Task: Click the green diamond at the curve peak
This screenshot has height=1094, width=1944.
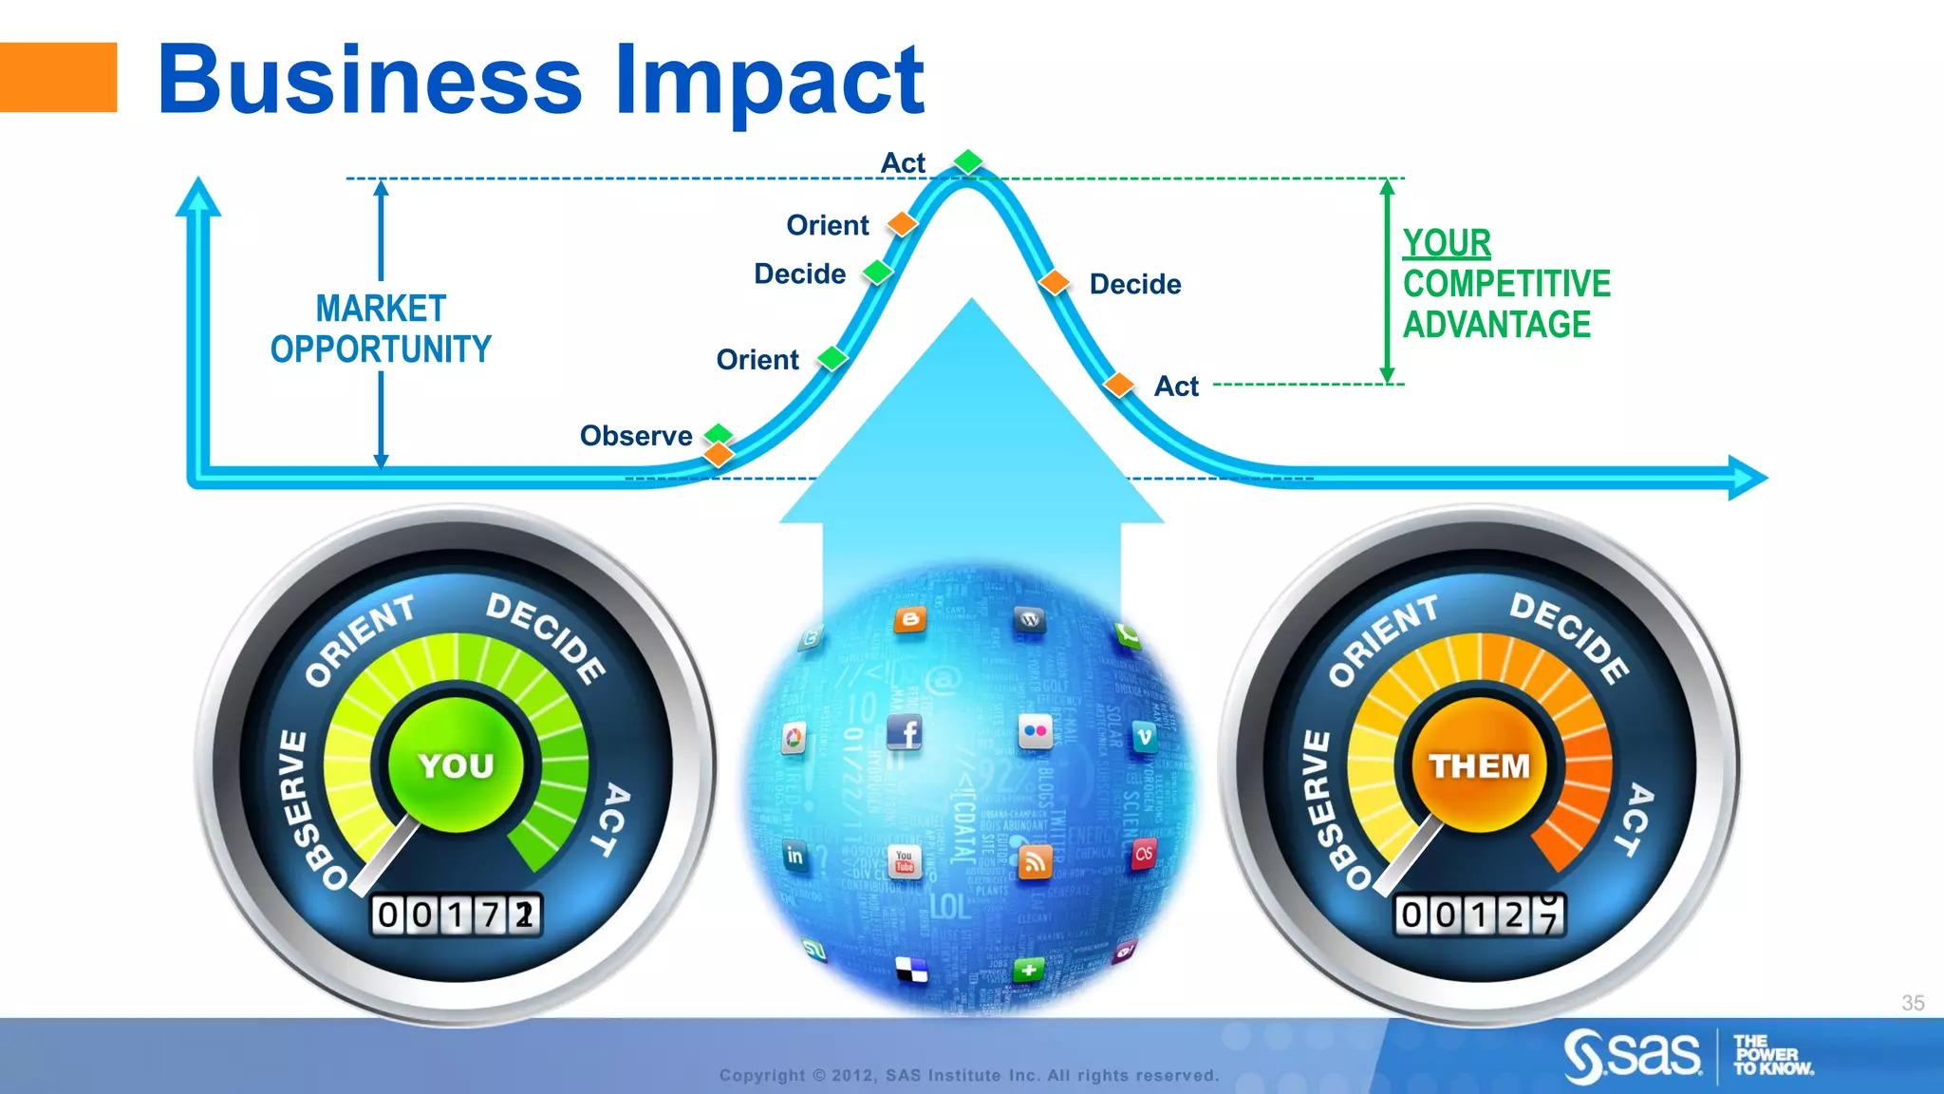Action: (x=968, y=160)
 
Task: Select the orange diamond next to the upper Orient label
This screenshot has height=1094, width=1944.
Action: (x=902, y=224)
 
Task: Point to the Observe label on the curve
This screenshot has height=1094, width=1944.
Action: (x=636, y=436)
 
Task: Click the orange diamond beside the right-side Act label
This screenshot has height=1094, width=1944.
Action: (x=1120, y=385)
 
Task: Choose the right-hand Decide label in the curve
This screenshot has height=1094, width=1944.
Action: (x=1135, y=284)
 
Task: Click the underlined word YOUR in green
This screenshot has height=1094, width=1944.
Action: (x=1447, y=243)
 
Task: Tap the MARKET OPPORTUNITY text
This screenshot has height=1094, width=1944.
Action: (x=381, y=329)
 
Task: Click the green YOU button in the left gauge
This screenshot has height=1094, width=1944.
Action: (x=457, y=764)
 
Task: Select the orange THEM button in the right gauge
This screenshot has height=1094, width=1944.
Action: (x=1479, y=764)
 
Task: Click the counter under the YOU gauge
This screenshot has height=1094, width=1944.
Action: (x=457, y=915)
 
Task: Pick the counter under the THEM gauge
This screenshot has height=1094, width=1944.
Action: (x=1479, y=915)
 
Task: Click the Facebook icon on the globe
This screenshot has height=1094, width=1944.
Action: (x=905, y=732)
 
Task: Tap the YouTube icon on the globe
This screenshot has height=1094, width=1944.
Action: (x=905, y=861)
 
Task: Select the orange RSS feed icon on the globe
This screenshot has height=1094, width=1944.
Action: (x=1036, y=862)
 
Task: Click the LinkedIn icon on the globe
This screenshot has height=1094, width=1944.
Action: (x=795, y=856)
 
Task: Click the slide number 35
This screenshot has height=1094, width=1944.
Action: (x=1913, y=1003)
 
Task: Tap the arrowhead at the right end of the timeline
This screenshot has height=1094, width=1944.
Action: (x=1747, y=478)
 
